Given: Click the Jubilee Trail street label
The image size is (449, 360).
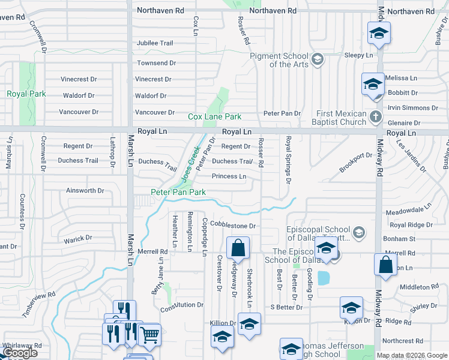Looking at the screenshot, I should click(154, 43).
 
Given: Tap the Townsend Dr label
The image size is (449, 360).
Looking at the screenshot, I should click(156, 63).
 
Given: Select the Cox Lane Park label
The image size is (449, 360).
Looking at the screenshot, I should click(214, 116).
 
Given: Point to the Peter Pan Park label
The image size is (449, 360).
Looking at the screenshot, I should click(178, 192).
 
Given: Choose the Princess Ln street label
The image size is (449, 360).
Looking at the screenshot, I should click(229, 176).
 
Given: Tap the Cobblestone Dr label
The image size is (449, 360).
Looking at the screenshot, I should click(233, 226).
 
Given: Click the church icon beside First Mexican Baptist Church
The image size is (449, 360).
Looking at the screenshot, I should click(376, 116).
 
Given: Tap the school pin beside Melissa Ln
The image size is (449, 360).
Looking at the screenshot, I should click(373, 84).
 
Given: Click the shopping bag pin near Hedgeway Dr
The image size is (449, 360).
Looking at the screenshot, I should click(238, 247).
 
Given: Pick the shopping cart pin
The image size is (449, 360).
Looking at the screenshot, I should click(149, 334).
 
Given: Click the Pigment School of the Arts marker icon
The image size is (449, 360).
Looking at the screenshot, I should click(318, 59).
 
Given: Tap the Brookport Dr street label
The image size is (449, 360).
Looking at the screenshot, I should click(355, 163).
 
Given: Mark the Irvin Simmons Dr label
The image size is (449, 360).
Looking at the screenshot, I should click(411, 107).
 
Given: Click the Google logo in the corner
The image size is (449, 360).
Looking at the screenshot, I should click(20, 353).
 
